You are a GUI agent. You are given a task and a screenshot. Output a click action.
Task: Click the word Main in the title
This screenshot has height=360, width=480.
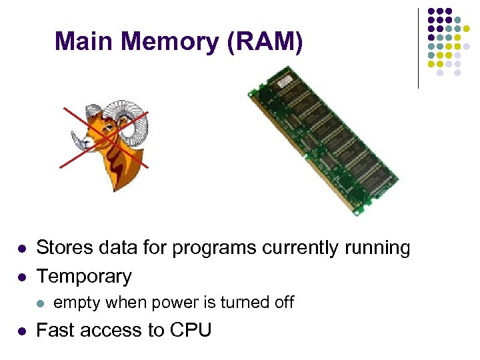pos(79,42)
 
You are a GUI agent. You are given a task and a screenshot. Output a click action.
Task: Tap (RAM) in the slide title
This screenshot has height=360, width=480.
pos(265,42)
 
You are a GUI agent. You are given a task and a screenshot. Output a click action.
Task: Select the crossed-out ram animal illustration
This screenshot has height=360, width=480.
pos(108,140)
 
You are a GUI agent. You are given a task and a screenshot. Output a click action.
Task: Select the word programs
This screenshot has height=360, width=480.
pos(215,249)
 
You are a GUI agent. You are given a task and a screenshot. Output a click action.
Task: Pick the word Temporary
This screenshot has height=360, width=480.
pos(84,276)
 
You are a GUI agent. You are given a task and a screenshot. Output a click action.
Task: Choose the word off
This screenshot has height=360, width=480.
pos(283,302)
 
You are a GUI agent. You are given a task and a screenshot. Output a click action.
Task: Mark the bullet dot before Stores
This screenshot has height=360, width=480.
pos(22,249)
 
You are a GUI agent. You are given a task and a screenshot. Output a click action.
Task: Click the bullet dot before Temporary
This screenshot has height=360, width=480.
pos(22,277)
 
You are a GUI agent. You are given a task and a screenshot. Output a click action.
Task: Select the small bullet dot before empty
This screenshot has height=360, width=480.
pos(39,303)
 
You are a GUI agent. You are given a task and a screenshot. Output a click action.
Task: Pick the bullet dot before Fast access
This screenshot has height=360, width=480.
pos(22,331)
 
